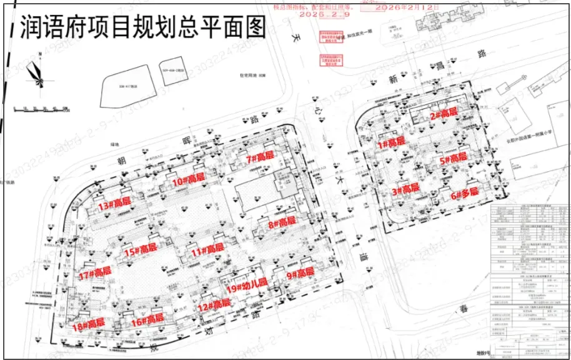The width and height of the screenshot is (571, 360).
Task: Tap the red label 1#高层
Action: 390,144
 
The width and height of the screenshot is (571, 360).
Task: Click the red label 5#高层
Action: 452,158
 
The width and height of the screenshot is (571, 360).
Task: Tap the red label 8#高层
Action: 281,222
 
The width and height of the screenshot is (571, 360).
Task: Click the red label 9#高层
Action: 300,273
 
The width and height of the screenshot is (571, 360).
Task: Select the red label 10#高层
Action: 189,179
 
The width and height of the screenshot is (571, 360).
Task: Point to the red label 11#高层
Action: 207,251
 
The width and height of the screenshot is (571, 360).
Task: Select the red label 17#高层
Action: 95,272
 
